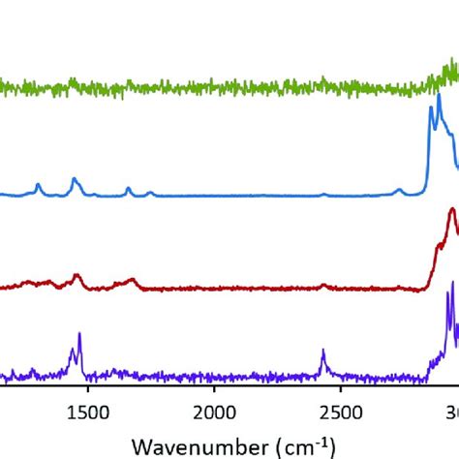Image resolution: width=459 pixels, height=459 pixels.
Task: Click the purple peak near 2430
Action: tap(322, 351)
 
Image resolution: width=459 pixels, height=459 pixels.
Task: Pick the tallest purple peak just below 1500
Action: tap(79, 334)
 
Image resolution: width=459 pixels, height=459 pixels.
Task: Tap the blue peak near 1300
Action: tap(38, 184)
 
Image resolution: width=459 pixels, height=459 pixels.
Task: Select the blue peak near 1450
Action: tap(74, 178)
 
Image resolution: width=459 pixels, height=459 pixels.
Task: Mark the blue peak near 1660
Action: tap(128, 189)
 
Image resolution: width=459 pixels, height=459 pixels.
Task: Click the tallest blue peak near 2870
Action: tap(431, 107)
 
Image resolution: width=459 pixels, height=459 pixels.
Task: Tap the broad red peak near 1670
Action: tap(131, 280)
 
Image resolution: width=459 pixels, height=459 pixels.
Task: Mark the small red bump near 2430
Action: tap(323, 286)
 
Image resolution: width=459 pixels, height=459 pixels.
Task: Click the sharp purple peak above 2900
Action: tap(447, 292)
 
